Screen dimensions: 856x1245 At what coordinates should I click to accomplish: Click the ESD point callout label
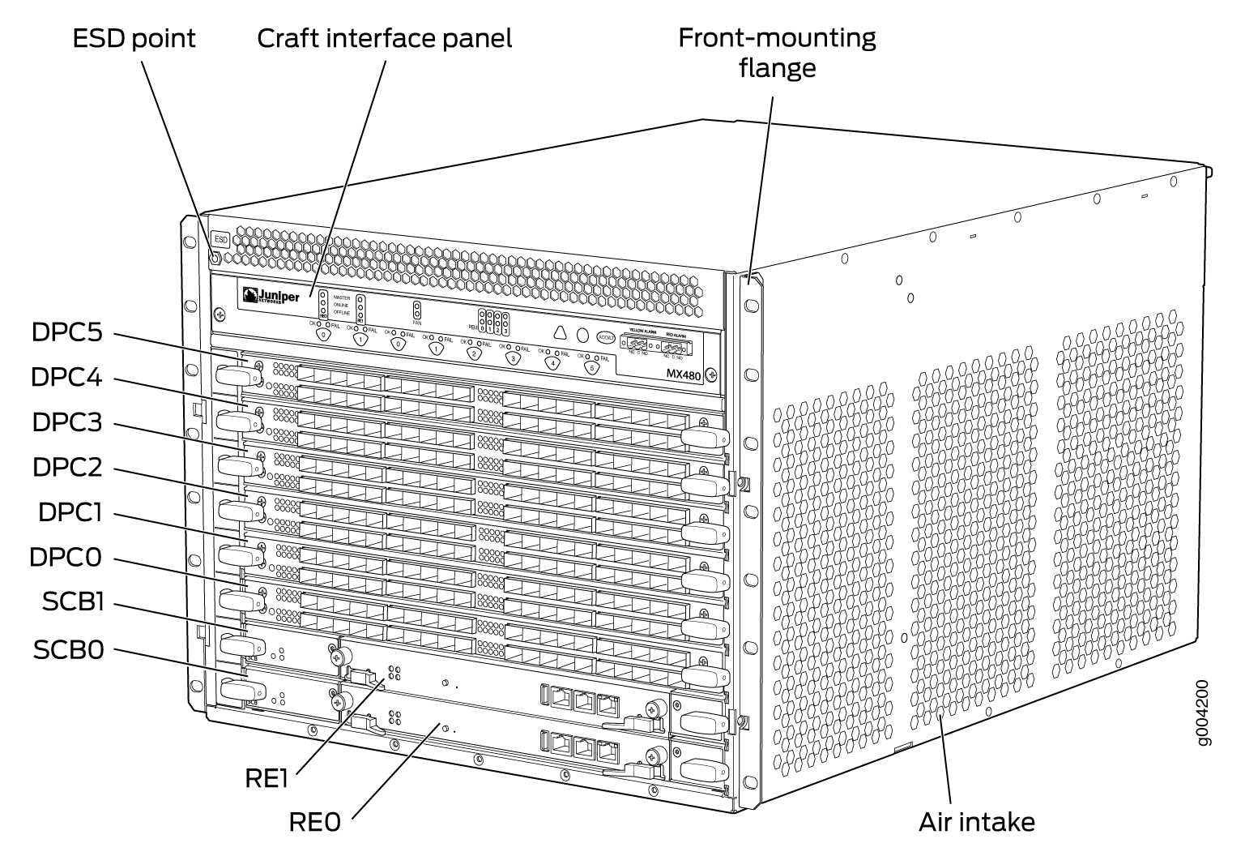pos(134,38)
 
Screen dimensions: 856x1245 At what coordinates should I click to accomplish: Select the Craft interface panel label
pos(384,38)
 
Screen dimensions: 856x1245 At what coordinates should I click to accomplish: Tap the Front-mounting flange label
pos(776,52)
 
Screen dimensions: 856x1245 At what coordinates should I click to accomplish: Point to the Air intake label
pos(976,822)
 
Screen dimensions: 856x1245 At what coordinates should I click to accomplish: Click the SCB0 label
pos(69,649)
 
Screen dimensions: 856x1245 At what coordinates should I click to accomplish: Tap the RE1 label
pos(266,778)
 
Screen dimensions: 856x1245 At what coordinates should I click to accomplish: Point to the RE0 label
pos(314,822)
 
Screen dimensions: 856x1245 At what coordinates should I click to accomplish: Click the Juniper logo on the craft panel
pos(271,297)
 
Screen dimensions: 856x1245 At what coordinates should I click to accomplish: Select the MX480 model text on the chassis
pos(683,375)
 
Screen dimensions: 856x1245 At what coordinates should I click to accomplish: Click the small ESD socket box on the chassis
pos(220,240)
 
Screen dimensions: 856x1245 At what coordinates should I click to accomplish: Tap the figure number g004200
pos(1203,713)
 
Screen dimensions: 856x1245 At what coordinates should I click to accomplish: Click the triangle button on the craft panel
pos(560,333)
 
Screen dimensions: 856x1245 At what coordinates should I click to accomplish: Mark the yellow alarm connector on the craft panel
pos(637,343)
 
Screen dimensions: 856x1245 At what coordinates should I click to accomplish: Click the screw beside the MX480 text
pos(710,375)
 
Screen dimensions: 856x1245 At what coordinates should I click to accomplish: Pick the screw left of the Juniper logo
pos(219,314)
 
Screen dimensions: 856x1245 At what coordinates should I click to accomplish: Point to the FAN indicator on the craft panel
pos(417,311)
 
